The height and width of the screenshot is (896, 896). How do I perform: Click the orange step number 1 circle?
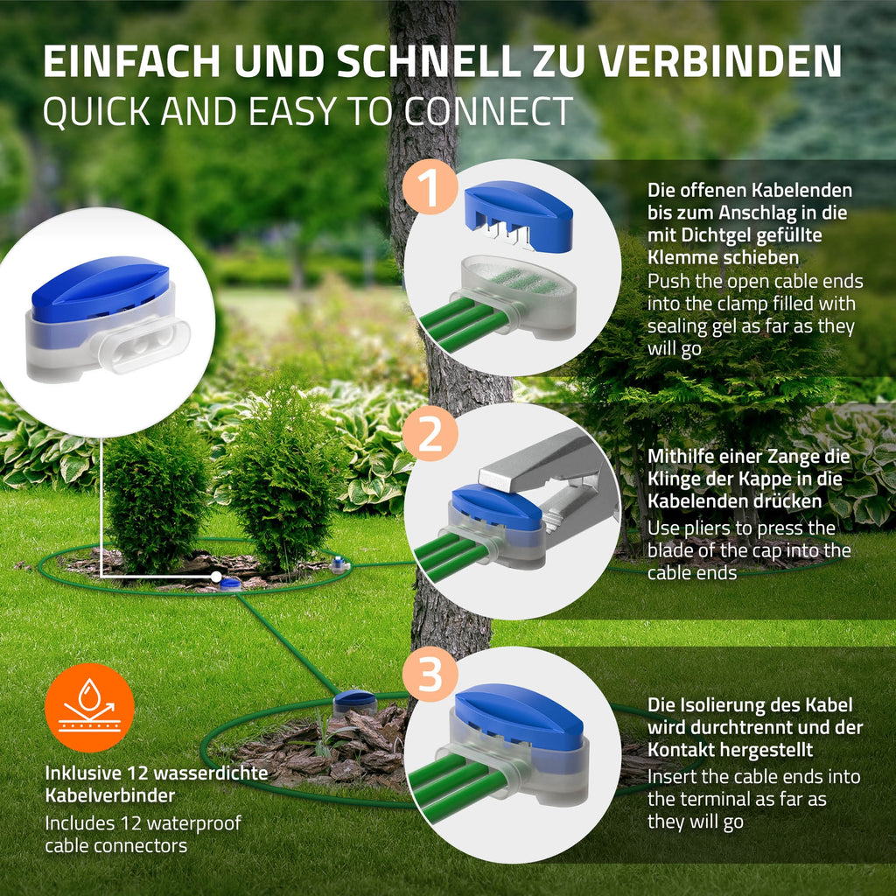click(x=430, y=187)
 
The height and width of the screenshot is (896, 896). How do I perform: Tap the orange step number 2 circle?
click(x=430, y=433)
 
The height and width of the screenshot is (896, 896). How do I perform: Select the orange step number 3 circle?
click(x=430, y=674)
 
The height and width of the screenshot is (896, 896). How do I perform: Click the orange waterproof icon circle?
click(x=90, y=707)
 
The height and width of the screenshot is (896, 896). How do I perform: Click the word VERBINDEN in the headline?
click(x=719, y=60)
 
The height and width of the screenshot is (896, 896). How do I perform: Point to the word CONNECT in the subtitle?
click(x=488, y=111)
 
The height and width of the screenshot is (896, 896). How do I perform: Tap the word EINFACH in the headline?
click(x=131, y=60)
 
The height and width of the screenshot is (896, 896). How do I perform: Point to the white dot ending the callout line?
click(x=216, y=577)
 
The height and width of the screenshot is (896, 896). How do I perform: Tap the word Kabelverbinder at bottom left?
click(x=109, y=794)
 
